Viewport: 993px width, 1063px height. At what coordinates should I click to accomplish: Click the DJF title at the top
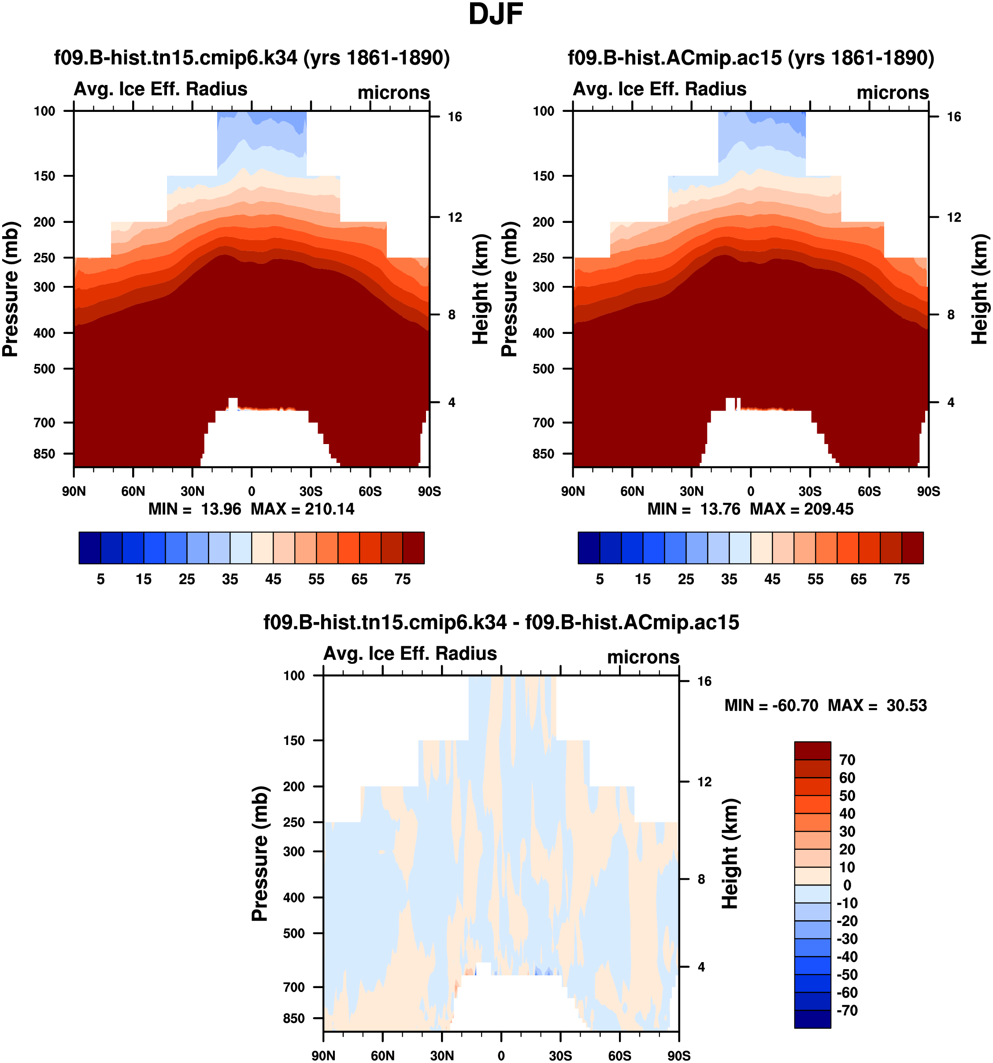pyautogui.click(x=496, y=15)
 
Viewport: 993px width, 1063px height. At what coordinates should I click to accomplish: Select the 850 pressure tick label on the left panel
pyautogui.click(x=44, y=453)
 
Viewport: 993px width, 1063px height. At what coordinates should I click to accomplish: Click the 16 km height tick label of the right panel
pyautogui.click(x=954, y=117)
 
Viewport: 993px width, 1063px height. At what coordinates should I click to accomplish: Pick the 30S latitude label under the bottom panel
pyautogui.click(x=560, y=1056)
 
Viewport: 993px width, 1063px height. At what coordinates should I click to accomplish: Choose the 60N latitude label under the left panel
pyautogui.click(x=133, y=491)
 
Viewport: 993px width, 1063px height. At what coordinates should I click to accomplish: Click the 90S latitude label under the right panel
pyautogui.click(x=928, y=491)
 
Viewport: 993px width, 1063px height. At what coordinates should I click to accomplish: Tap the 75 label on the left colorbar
pyautogui.click(x=403, y=579)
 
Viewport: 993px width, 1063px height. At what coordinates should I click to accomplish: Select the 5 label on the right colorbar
pyautogui.click(x=600, y=579)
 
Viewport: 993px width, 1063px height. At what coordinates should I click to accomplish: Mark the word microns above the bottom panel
pyautogui.click(x=643, y=657)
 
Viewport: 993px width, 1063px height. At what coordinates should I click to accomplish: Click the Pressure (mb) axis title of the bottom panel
pyautogui.click(x=260, y=853)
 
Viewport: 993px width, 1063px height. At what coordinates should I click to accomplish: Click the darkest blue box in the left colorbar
pyautogui.click(x=90, y=548)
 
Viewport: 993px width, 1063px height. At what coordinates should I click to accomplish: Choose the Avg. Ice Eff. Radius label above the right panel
pyautogui.click(x=660, y=89)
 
